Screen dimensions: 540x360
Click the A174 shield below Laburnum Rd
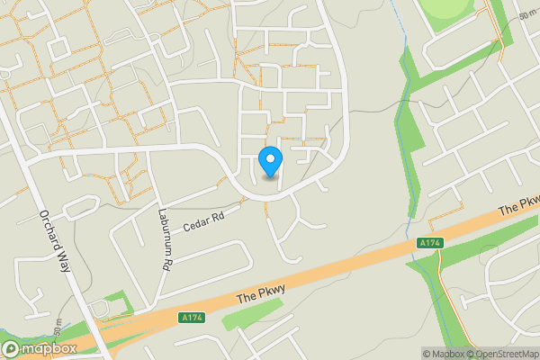(x=190, y=317)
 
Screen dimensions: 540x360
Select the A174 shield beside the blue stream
(x=429, y=243)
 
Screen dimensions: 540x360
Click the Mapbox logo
(x=40, y=349)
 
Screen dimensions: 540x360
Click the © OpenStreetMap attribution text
(x=504, y=354)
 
